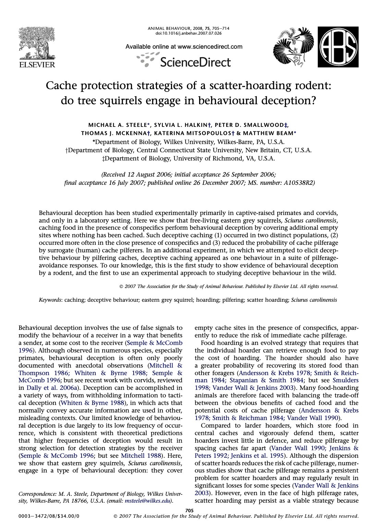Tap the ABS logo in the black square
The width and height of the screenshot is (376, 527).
(x=338, y=47)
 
